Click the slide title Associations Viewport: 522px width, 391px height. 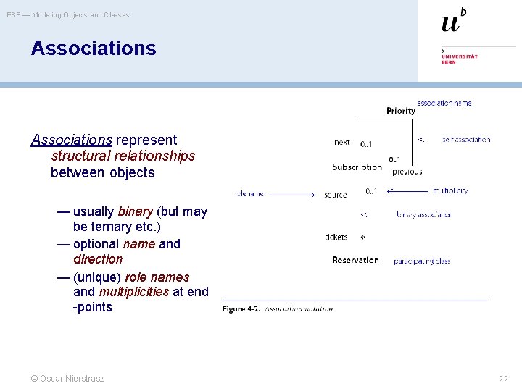pyautogui.click(x=94, y=49)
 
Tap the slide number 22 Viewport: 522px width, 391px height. pyautogui.click(x=502, y=379)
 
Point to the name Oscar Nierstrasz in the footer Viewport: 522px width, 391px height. pyautogui.click(x=72, y=378)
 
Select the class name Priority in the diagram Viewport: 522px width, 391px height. pyautogui.click(x=401, y=111)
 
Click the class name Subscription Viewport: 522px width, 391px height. pyautogui.click(x=357, y=167)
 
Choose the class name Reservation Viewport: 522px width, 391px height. pyautogui.click(x=355, y=260)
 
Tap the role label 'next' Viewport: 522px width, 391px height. pyautogui.click(x=342, y=143)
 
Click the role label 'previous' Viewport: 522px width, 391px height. pyautogui.click(x=407, y=172)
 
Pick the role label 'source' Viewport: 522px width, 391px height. pyautogui.click(x=336, y=195)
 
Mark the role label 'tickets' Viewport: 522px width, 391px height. pyautogui.click(x=336, y=237)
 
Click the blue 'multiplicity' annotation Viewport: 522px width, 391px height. pyautogui.click(x=450, y=191)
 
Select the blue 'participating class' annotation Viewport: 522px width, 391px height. pyautogui.click(x=422, y=261)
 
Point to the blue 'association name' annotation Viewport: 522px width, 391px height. pyautogui.click(x=444, y=103)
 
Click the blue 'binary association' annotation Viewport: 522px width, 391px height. pyautogui.click(x=424, y=215)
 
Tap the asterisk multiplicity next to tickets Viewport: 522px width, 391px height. pyautogui.click(x=362, y=237)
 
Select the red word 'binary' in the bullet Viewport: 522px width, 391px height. pyautogui.click(x=135, y=211)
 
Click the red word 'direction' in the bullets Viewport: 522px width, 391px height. pyautogui.click(x=98, y=259)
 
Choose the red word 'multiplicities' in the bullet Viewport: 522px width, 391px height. pyautogui.click(x=132, y=292)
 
